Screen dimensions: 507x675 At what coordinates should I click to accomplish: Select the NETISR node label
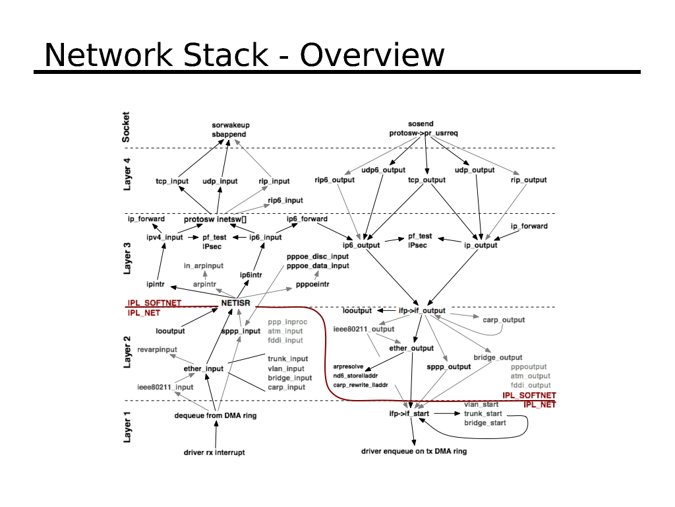[236, 303]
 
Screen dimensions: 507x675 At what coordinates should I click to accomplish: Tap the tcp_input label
[172, 181]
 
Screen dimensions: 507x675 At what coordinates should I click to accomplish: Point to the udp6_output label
[383, 170]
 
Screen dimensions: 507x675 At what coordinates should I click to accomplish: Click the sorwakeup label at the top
[231, 125]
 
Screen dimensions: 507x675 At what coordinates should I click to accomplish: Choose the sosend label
[421, 123]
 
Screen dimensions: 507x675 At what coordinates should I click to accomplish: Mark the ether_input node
[204, 368]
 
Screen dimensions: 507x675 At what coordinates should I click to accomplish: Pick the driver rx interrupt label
[214, 453]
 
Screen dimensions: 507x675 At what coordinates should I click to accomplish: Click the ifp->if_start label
[409, 413]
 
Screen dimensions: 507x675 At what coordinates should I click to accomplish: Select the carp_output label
[504, 320]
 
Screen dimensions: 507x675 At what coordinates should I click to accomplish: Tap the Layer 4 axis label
[127, 174]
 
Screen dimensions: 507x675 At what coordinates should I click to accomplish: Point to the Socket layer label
[127, 127]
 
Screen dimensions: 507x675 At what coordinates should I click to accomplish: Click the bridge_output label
[498, 358]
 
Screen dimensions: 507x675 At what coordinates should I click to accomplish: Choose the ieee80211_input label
[165, 387]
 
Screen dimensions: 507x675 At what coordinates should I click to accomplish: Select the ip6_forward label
[307, 219]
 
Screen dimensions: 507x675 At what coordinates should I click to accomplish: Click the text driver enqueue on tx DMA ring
[414, 452]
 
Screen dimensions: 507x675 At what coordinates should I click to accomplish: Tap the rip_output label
[529, 180]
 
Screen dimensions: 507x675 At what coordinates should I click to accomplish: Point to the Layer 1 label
[127, 426]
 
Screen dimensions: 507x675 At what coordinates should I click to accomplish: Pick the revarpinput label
[157, 349]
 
